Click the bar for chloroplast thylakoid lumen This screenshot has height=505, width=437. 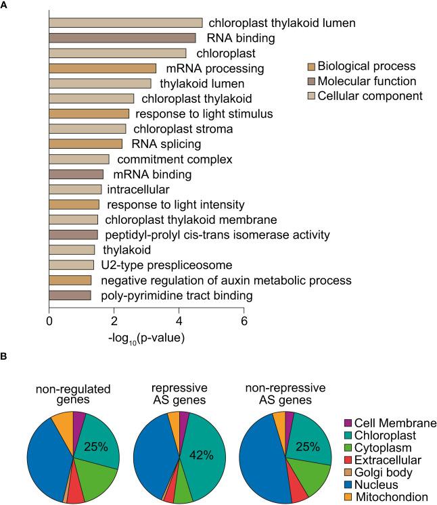(125, 23)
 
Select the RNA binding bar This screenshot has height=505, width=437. (122, 38)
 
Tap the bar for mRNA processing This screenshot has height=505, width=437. (102, 68)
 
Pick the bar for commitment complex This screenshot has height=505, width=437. (78, 159)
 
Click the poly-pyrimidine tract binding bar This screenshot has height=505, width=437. (70, 295)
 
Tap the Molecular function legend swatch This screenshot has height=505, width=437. (311, 81)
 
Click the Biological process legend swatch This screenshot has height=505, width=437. (311, 66)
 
